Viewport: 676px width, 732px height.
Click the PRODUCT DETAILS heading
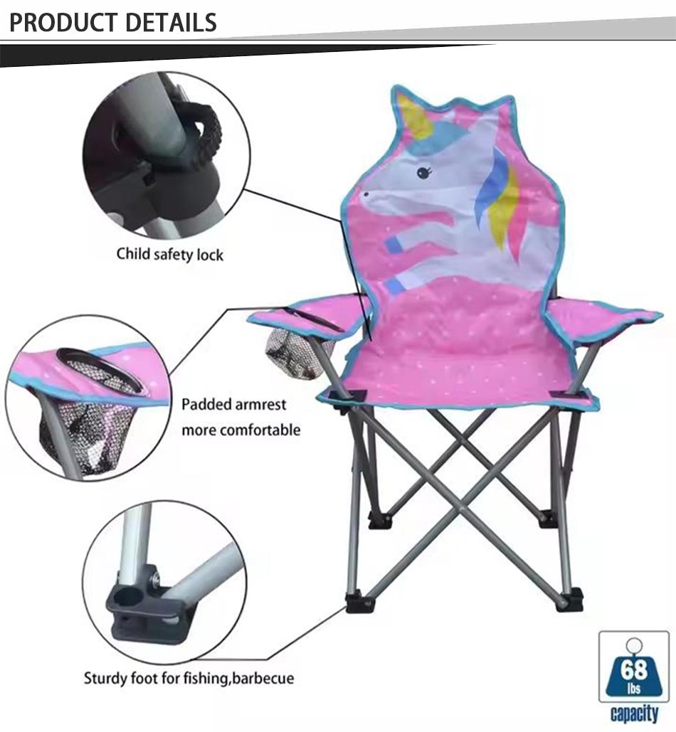click(113, 23)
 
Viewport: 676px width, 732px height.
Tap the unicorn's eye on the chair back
click(423, 172)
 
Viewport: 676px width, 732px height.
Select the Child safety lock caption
click(170, 255)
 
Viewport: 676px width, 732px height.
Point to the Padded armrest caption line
click(234, 404)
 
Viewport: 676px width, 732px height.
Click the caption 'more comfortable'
click(241, 430)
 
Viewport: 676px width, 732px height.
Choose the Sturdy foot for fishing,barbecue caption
click(189, 678)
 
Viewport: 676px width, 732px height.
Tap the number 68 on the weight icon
click(633, 669)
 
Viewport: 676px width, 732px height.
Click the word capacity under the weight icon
click(635, 714)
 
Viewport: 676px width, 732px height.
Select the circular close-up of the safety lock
click(167, 155)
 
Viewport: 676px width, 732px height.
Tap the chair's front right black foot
click(569, 600)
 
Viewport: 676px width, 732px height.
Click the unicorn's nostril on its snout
click(366, 193)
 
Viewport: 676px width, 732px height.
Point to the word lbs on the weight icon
click(633, 688)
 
